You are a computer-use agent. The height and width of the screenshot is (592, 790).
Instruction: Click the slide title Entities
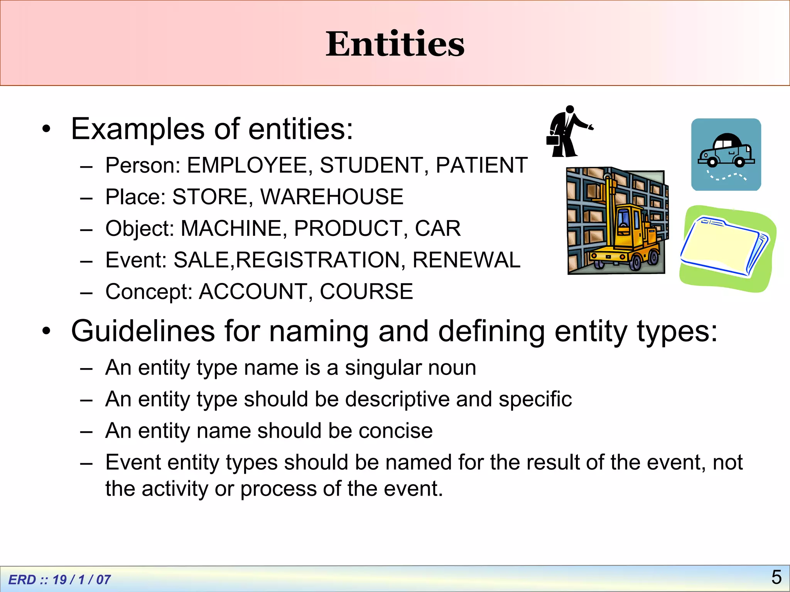pyautogui.click(x=395, y=44)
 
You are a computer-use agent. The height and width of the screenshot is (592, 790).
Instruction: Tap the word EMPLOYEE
pyautogui.click(x=247, y=165)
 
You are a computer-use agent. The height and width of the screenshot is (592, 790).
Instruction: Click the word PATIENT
pyautogui.click(x=481, y=165)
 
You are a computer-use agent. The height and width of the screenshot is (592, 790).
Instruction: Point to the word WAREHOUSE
pyautogui.click(x=332, y=197)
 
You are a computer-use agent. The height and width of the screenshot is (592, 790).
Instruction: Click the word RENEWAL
pyautogui.click(x=466, y=260)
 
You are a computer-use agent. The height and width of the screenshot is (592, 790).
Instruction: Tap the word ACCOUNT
pyautogui.click(x=253, y=292)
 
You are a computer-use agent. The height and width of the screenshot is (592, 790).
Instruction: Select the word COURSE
pyautogui.click(x=366, y=292)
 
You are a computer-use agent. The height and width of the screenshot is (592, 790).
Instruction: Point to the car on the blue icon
pyautogui.click(x=726, y=151)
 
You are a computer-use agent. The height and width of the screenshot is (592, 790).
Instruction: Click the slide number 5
pyautogui.click(x=776, y=577)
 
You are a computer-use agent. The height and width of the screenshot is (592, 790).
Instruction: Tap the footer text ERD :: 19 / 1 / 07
pyautogui.click(x=59, y=580)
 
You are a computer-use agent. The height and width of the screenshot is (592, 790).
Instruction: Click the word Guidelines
pyautogui.click(x=143, y=331)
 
